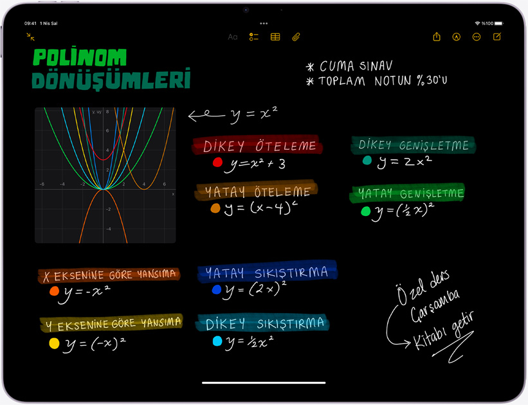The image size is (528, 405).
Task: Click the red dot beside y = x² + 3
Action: tap(217, 163)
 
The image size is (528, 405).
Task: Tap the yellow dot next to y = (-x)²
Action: tap(54, 344)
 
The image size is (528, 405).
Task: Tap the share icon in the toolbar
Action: tap(437, 37)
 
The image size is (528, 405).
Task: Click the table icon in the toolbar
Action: tap(275, 37)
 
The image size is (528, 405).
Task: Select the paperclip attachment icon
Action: tap(296, 37)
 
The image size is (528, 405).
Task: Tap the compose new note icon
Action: tap(496, 37)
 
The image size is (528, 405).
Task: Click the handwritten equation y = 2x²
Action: tap(405, 161)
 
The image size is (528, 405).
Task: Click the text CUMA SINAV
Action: tap(356, 66)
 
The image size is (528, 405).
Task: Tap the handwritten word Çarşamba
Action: tap(434, 305)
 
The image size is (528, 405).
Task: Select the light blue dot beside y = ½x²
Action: tap(217, 341)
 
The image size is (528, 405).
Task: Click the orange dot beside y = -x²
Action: tap(54, 291)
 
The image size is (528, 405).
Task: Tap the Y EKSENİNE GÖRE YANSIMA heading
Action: tap(111, 323)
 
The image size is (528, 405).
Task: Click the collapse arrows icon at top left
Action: tap(30, 37)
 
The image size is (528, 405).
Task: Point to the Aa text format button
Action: tap(233, 37)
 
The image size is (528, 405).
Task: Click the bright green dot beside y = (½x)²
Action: tap(366, 211)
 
